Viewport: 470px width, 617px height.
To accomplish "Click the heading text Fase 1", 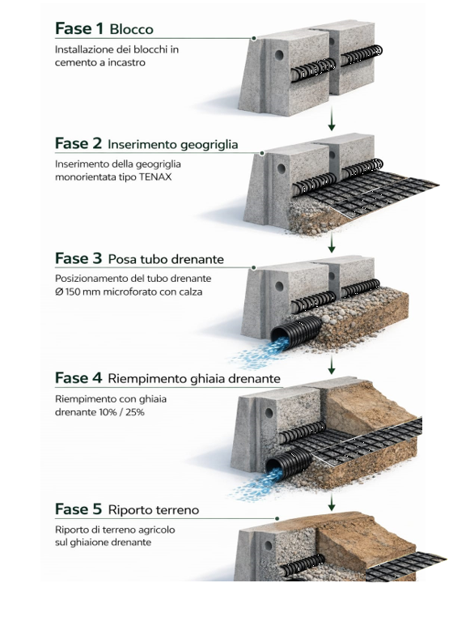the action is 79,28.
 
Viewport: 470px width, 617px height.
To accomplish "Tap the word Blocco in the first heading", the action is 131,29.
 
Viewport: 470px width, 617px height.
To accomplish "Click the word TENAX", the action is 155,177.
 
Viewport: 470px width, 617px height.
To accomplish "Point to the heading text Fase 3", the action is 78,258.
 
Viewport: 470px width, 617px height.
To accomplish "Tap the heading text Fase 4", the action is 78,378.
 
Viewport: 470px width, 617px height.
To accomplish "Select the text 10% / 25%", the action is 122,412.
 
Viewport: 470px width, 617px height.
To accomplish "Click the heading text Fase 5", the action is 78,508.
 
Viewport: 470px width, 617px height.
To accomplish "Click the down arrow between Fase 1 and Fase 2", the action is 332,119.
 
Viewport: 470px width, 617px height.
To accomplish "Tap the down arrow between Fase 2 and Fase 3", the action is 332,242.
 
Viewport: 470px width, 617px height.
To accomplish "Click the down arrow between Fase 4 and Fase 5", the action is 332,503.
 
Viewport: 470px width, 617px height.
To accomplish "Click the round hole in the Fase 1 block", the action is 279,55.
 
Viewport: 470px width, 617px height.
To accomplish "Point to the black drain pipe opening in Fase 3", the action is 279,335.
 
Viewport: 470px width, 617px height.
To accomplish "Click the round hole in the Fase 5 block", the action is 269,546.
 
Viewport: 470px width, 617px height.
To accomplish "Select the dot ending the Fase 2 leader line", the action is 262,153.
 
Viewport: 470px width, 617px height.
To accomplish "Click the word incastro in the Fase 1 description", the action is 126,62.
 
